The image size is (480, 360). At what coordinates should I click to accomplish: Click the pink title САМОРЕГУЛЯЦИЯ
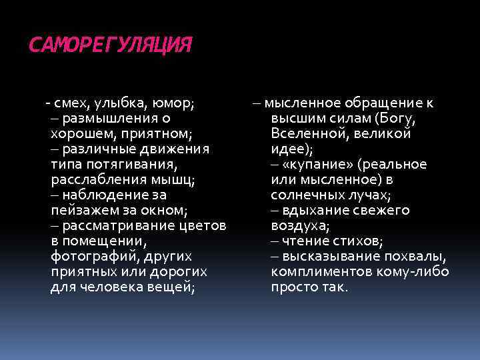110,45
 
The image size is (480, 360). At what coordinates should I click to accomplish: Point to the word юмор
173,103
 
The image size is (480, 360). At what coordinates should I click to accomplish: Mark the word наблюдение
105,195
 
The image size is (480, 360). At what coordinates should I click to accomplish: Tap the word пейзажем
80,210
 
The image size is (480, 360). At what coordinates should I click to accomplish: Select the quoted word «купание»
323,164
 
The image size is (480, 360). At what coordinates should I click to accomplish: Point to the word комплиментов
322,271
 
